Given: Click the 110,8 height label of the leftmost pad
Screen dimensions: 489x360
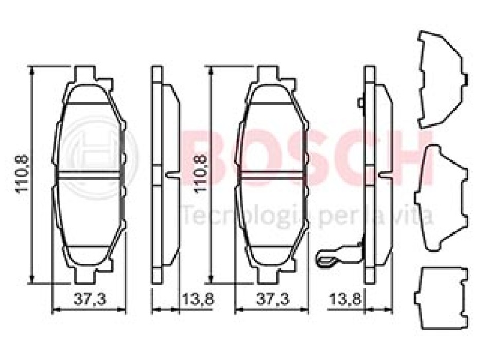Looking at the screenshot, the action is point(23,174).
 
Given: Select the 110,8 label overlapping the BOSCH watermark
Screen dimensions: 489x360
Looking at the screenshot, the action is point(201,174).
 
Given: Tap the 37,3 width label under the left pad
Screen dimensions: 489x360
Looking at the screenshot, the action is point(90,300).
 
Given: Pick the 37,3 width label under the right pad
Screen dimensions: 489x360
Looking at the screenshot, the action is point(273,300).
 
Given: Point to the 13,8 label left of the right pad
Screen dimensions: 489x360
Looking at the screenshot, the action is point(198,300).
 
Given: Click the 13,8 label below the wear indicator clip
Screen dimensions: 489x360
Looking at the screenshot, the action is point(346,300).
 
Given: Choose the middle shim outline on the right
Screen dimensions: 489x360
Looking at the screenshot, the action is point(442,197).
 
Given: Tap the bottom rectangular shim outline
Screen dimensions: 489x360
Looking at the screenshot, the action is point(442,298).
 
